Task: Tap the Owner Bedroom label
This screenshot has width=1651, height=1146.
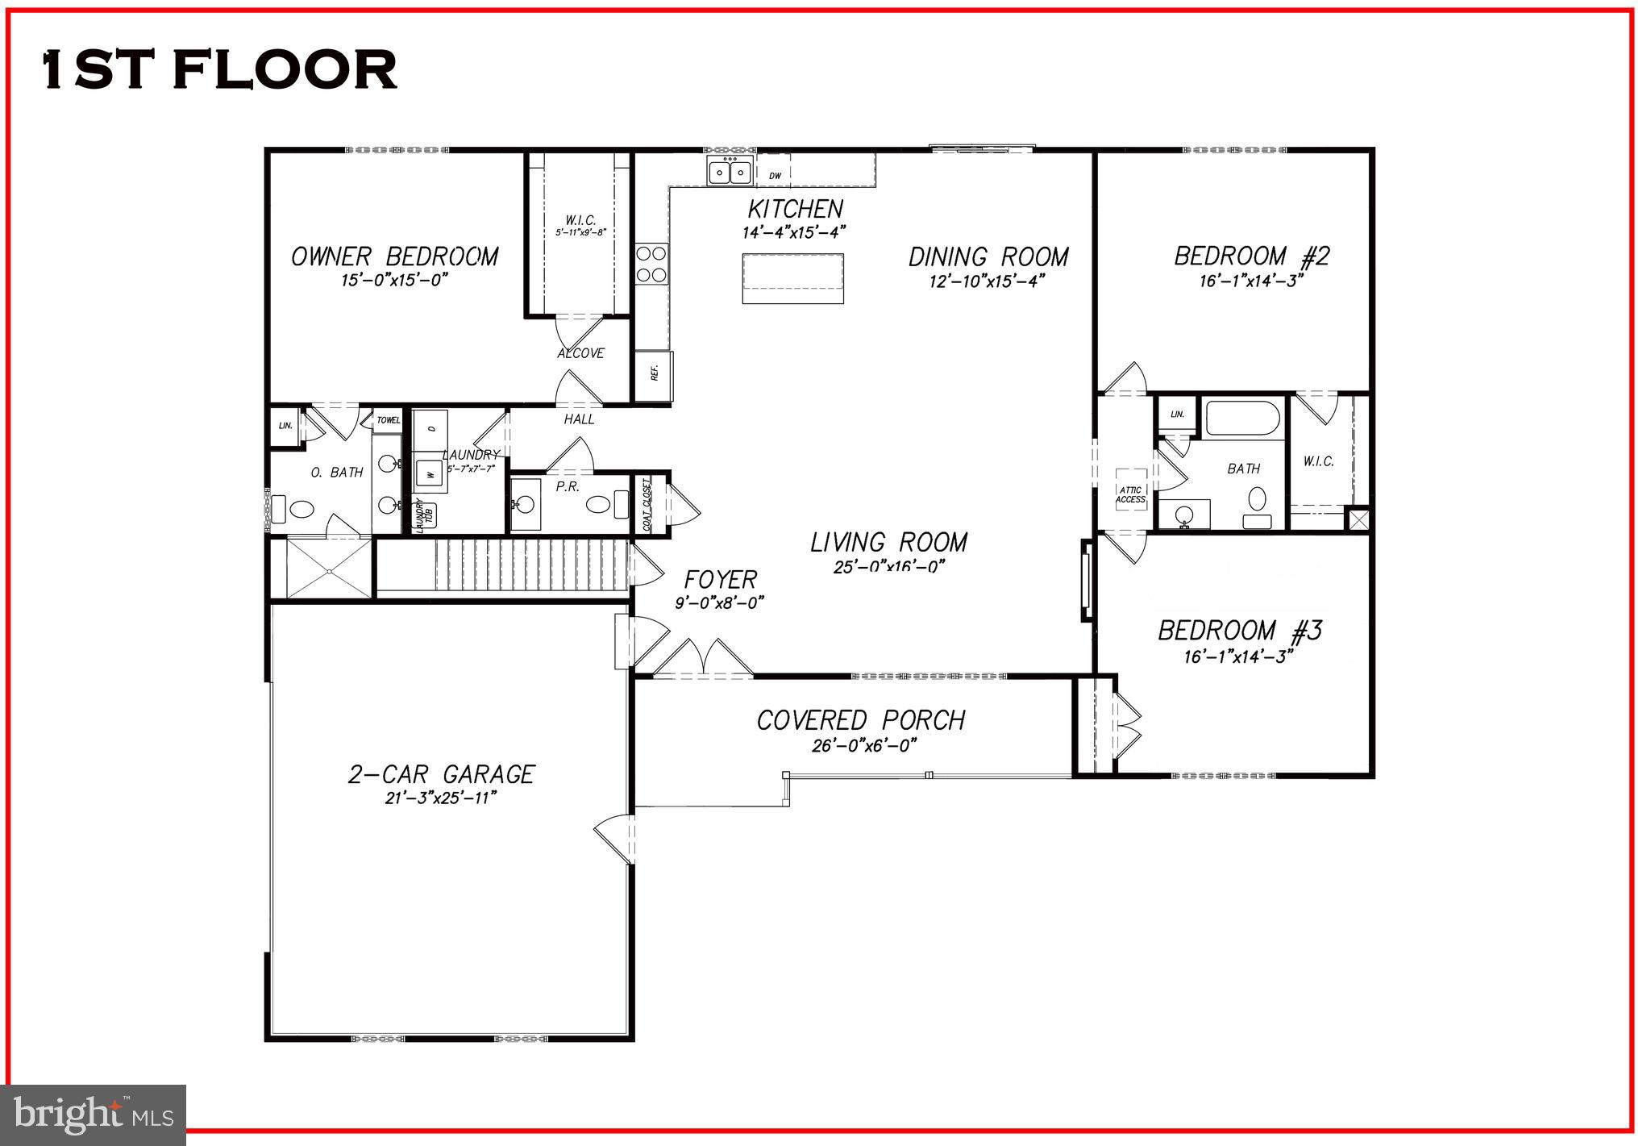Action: pos(394,257)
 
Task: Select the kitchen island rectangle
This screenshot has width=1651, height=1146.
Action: pos(792,278)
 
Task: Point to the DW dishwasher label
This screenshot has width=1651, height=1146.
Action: pos(775,176)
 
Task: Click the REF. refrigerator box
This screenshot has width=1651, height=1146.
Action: pos(654,376)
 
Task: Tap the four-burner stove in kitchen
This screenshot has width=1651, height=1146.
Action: pos(651,264)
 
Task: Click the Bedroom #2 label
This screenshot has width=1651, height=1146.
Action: pos(1251,256)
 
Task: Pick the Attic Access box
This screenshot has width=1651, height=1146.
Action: pos(1130,494)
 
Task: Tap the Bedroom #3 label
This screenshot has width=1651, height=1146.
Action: pos(1239,631)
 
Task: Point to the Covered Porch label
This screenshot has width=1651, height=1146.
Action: pos(860,720)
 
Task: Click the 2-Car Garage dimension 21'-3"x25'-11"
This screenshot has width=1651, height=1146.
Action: pos(440,798)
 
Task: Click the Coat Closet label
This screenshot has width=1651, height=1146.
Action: pos(647,505)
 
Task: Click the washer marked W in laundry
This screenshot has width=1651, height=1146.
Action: pos(431,474)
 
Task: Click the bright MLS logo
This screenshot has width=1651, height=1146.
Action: pos(94,1115)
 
